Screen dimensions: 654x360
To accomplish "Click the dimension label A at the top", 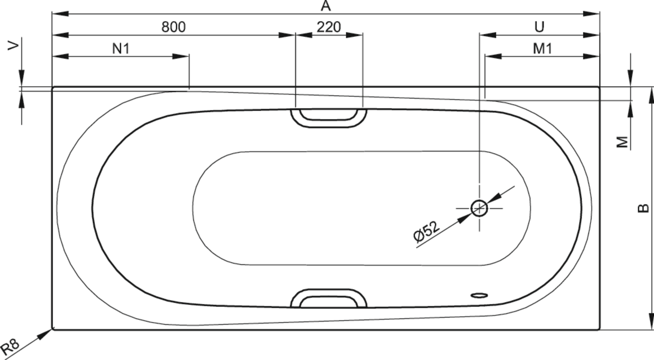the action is pos(326,6).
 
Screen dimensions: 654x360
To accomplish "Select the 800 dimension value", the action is pos(174,27).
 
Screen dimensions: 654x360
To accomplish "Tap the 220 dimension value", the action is pos(329,27).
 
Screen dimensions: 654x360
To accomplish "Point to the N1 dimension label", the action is pos(121,49).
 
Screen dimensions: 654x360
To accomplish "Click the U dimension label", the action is pos(540,27).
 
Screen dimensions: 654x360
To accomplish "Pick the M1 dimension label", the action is pos(543,49).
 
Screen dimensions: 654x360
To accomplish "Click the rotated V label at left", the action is pos(13,46).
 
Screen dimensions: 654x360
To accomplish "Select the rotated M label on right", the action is pos(623,142).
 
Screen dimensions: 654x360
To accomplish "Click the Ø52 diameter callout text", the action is pos(426,232).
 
